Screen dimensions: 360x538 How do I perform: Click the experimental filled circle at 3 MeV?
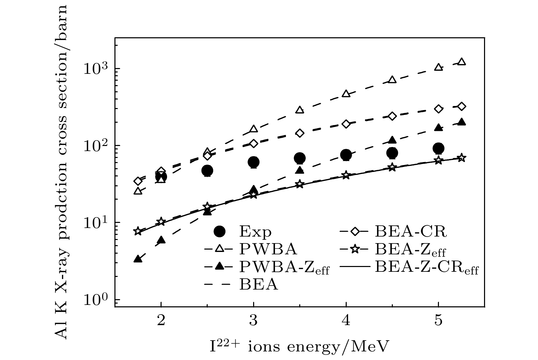(x=253, y=162)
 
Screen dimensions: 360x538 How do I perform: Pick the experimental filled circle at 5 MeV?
(x=438, y=148)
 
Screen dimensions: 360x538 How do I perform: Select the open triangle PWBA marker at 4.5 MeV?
(x=392, y=80)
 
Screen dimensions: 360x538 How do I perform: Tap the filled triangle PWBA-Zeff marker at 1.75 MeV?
(x=138, y=259)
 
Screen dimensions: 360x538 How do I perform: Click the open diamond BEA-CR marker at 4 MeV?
(x=346, y=124)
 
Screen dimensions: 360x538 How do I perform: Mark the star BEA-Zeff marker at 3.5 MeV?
(x=300, y=184)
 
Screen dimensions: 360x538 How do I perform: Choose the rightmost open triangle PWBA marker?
(x=461, y=62)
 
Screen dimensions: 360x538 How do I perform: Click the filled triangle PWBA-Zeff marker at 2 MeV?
(x=161, y=240)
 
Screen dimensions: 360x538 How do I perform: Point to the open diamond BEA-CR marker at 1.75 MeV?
(x=138, y=181)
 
